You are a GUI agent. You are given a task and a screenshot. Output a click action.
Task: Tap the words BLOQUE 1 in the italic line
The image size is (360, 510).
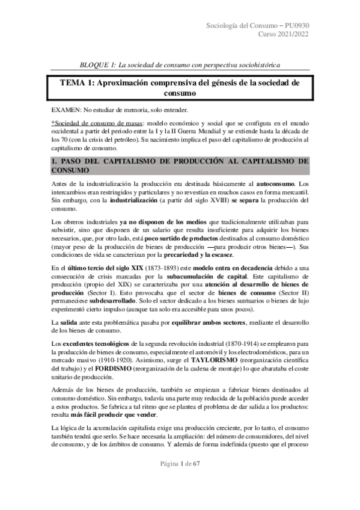(x=97, y=64)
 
